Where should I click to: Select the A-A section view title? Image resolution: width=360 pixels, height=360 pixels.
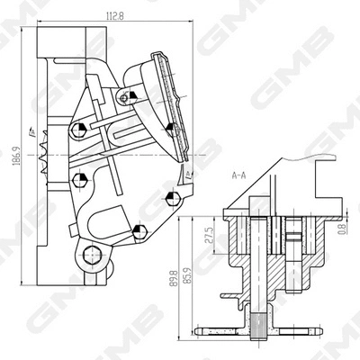tap(239, 177)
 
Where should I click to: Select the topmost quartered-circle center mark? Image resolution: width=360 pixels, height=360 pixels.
tap(132, 94)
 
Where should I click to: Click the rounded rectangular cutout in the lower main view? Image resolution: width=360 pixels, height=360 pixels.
tap(113, 219)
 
